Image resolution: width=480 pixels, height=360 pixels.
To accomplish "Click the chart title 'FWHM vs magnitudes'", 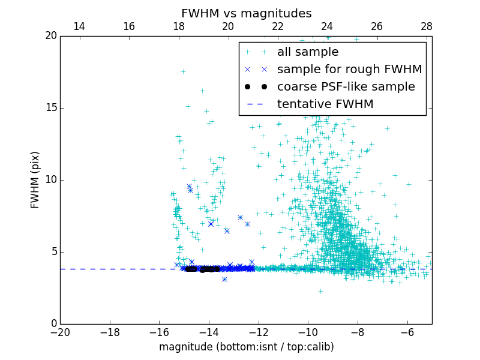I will coord(246,13).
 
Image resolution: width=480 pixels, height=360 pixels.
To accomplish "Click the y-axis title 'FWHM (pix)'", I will coord(36,179).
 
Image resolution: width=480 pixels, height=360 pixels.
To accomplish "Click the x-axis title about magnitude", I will coord(246,347).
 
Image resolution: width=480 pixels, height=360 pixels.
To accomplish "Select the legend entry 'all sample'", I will coord(308,52).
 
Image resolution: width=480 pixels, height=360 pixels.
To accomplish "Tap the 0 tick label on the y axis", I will coord(53,324).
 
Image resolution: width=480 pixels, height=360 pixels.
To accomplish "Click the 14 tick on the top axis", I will coord(79,27).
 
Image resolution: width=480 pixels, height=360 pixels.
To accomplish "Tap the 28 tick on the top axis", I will coord(427,27).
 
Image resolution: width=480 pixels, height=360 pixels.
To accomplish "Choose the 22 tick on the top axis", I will coord(278,27).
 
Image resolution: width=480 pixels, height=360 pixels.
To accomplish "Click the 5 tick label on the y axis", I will coord(53,252).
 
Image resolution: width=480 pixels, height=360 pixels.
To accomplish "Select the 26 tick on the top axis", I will coord(377,27).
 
